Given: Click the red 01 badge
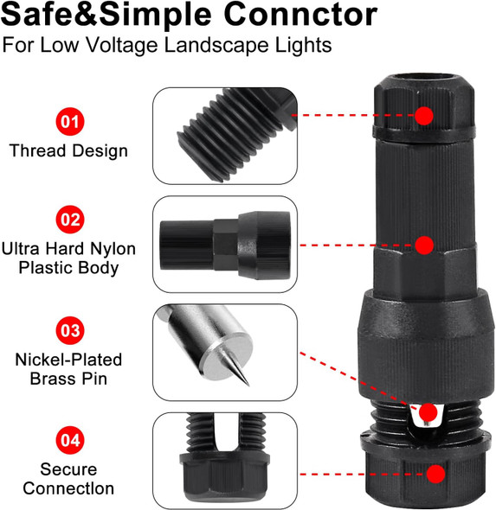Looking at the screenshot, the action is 70,122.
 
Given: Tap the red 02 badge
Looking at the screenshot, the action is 70,220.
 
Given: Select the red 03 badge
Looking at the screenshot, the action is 70,330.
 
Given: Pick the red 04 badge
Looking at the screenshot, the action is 70,440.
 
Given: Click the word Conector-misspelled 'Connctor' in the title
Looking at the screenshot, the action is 300,15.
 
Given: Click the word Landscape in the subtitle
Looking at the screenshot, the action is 216,45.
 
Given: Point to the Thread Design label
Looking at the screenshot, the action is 68,150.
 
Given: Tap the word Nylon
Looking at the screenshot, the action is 113,250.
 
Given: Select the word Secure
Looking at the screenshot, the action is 68,469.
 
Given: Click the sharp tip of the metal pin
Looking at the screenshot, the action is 249,386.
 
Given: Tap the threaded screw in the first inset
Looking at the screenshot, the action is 237,134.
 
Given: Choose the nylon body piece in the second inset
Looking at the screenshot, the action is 225,245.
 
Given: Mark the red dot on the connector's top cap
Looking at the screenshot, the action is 424,116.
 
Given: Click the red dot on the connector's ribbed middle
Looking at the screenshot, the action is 424,245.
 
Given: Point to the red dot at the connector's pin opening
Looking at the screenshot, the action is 428,412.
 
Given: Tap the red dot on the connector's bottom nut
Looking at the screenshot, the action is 435,474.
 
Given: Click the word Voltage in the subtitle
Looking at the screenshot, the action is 122,45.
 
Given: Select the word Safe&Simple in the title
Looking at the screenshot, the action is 106,15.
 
